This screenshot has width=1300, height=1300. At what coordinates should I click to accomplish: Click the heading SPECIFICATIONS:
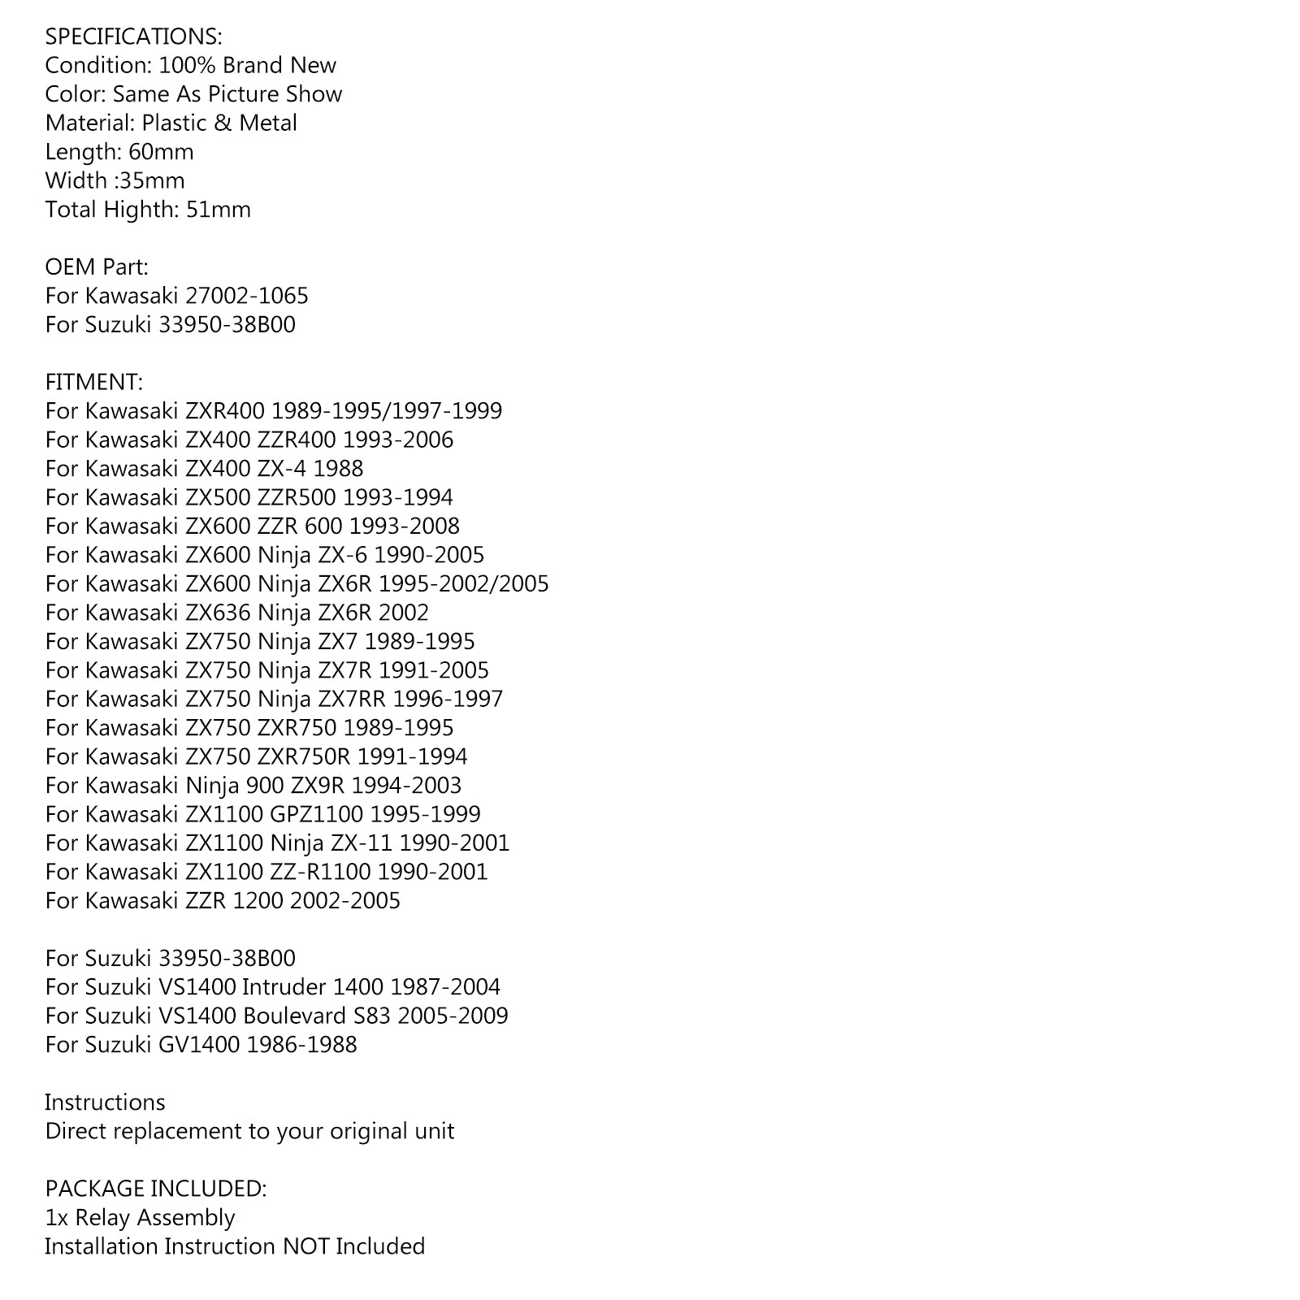point(133,37)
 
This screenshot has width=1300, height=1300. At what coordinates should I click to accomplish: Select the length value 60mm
point(161,152)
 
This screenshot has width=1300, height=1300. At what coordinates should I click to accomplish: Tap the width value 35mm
point(152,180)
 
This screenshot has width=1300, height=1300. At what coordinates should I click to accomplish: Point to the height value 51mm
point(219,210)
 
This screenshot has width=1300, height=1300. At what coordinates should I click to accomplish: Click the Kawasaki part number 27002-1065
point(247,296)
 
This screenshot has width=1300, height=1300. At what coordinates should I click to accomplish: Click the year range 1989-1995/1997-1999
point(387,411)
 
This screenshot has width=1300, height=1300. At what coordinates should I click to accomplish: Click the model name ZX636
point(218,613)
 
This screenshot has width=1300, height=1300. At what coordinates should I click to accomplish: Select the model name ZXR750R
point(304,756)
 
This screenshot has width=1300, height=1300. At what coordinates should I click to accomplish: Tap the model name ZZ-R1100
point(320,872)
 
